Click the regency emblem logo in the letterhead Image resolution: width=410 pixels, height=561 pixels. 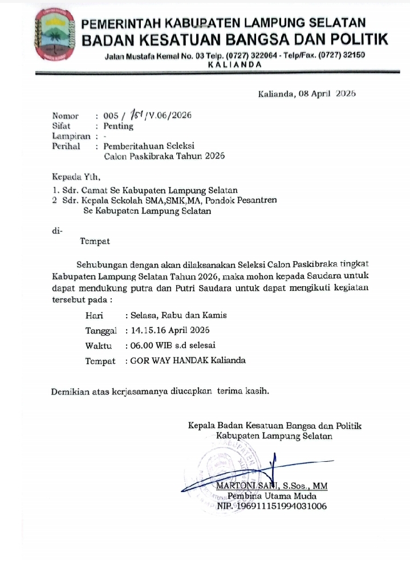click(x=55, y=35)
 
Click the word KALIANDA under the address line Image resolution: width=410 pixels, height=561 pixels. click(x=235, y=64)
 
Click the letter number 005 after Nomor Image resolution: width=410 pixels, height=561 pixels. click(x=111, y=116)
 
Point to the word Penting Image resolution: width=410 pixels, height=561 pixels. click(x=118, y=126)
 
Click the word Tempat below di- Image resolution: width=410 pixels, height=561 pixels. click(x=95, y=241)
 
